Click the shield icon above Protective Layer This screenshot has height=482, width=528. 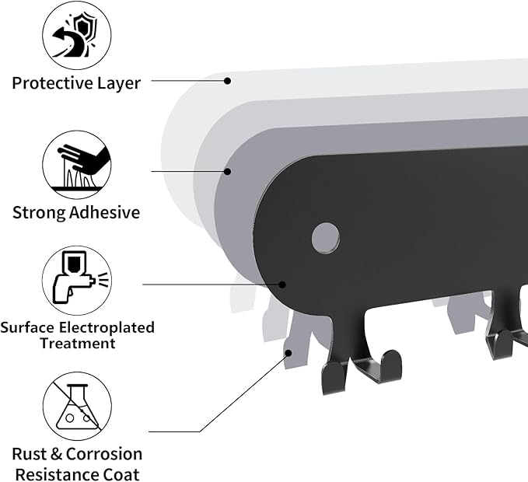click(x=76, y=37)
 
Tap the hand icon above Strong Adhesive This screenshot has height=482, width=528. click(x=76, y=166)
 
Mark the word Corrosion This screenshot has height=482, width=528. click(x=104, y=454)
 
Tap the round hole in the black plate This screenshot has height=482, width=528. click(x=326, y=236)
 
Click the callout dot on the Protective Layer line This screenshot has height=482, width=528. click(x=228, y=80)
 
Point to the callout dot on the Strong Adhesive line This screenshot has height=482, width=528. click(x=228, y=171)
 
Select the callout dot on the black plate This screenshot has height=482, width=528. click(x=283, y=285)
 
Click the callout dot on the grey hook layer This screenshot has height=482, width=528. click(x=288, y=352)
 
